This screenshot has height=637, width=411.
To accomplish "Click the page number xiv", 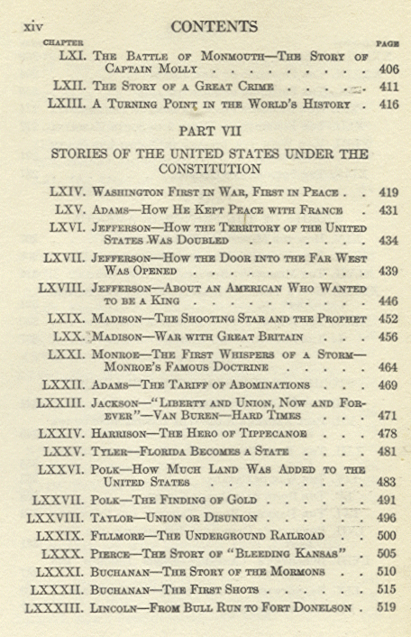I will [x=32, y=27].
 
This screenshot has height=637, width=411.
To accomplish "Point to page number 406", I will [x=388, y=69].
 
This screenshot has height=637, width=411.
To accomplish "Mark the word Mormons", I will [x=292, y=572].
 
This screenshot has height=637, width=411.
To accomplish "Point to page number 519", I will [x=388, y=607].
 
